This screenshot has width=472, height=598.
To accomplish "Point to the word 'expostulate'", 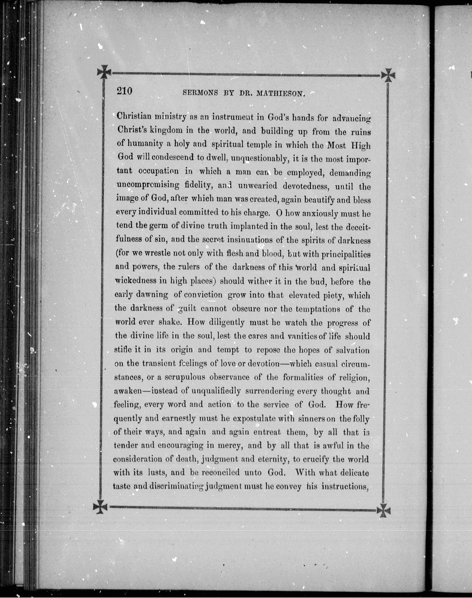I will pos(254,418).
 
